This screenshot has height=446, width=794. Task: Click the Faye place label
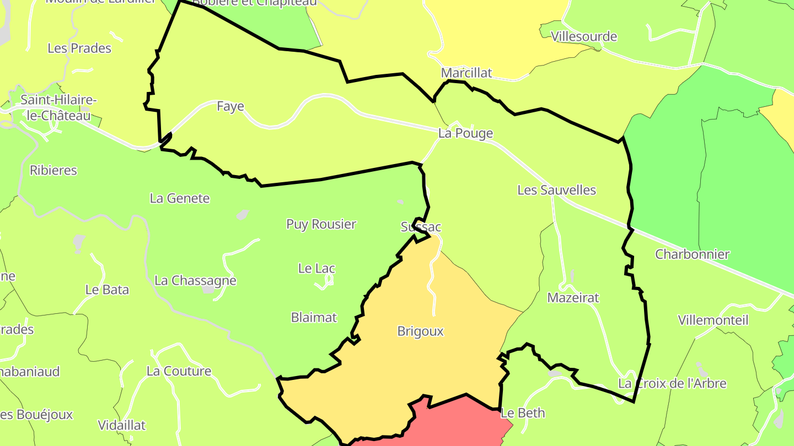tap(230, 106)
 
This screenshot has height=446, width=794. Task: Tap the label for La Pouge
tap(465, 133)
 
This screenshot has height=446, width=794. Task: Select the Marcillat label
tap(466, 73)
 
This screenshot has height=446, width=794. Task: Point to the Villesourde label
tap(584, 37)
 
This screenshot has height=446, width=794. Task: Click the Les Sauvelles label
tap(556, 190)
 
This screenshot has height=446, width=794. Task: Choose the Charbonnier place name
tap(692, 254)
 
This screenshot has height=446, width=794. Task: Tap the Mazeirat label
tap(573, 298)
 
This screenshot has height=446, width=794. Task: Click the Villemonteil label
tap(713, 320)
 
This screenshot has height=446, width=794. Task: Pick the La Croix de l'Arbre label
tap(672, 383)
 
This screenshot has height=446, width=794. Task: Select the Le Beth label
tap(523, 413)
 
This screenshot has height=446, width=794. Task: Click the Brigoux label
tap(420, 331)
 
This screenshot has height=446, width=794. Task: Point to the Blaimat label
tap(314, 318)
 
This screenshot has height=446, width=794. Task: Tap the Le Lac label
tap(316, 269)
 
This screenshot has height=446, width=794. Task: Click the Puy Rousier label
tap(321, 224)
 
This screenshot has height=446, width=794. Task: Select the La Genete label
tap(180, 198)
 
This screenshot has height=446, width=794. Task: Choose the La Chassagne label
tap(195, 280)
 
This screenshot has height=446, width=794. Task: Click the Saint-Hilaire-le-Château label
tap(58, 108)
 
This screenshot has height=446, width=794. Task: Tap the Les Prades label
tap(79, 48)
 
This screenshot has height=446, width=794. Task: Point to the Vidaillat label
tap(121, 425)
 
